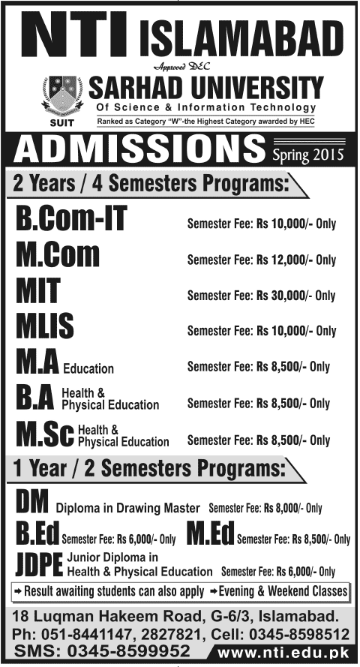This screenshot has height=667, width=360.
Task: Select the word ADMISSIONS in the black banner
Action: click(x=139, y=150)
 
